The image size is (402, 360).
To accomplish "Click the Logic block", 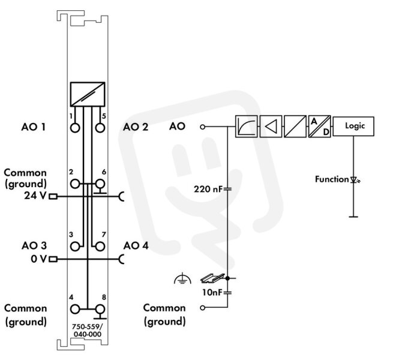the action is click(x=353, y=126).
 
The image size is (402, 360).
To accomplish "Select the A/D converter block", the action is click(x=319, y=127).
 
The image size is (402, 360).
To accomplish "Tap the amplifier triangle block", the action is click(x=271, y=127).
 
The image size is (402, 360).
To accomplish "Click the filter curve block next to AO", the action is click(x=247, y=127).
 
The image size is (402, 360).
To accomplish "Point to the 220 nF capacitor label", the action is click(x=208, y=189).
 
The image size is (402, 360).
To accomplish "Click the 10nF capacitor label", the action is click(x=212, y=292).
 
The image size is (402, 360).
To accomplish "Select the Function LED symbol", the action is click(x=355, y=180).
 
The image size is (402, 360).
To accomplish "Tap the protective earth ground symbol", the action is click(x=182, y=279).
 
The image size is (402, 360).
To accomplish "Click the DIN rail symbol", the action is click(x=212, y=278).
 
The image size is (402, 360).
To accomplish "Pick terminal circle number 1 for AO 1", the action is click(x=75, y=127).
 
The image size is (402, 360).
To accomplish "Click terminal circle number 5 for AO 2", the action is click(x=100, y=127).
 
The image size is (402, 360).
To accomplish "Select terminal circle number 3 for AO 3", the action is click(x=75, y=247).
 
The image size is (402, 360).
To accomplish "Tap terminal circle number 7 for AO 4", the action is click(x=100, y=247).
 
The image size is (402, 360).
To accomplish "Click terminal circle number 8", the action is click(x=100, y=309).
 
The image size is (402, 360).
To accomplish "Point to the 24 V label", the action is click(x=35, y=196).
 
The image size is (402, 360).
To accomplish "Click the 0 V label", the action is click(x=38, y=259).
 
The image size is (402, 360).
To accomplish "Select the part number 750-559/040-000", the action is click(x=87, y=330).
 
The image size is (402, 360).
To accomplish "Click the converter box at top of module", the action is click(x=88, y=94).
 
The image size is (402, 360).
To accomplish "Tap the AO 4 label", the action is click(x=136, y=245).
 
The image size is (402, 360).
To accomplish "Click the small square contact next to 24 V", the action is click(x=53, y=197).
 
